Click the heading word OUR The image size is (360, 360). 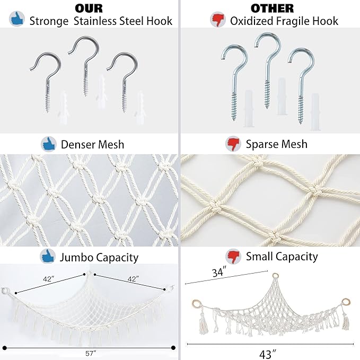pyautogui.click(x=89, y=8)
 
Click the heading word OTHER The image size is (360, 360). pyautogui.click(x=272, y=8)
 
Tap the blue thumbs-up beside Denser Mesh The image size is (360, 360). pyautogui.click(x=49, y=144)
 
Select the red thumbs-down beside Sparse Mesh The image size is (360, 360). pyautogui.click(x=233, y=144)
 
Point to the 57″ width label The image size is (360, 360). pyautogui.click(x=91, y=354)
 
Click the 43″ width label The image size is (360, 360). pyautogui.click(x=267, y=354)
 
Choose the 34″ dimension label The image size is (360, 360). pyautogui.click(x=219, y=273)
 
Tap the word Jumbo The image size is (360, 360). pyautogui.click(x=76, y=257)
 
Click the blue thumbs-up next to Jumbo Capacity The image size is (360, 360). pyautogui.click(x=48, y=256)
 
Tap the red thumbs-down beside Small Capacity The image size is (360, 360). pyautogui.click(x=233, y=256)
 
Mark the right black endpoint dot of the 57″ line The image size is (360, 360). pyautogui.click(x=173, y=348)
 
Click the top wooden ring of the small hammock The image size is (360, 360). pyautogui.click(x=275, y=276)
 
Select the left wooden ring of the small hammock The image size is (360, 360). pyautogui.click(x=196, y=303)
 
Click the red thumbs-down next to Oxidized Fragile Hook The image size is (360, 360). pyautogui.click(x=218, y=20)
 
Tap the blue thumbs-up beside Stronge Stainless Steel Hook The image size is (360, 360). pyautogui.click(x=17, y=19)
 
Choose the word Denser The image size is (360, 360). pyautogui.click(x=78, y=145)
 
